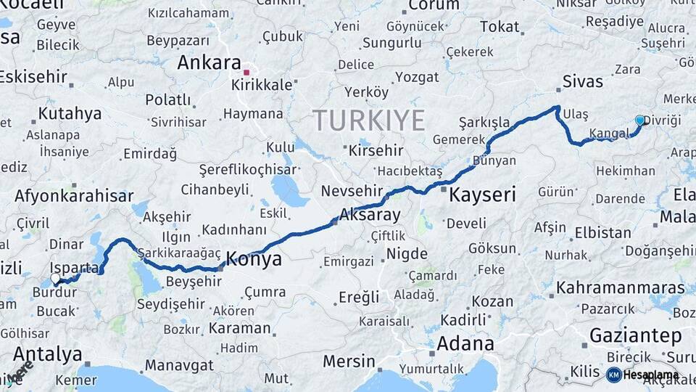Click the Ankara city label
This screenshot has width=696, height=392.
pyautogui.click(x=209, y=62)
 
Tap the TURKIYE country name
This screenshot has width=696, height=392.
pyautogui.click(x=368, y=120)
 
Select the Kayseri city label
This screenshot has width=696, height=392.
pyautogui.click(x=482, y=195)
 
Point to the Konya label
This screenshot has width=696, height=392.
pyautogui.click(x=254, y=259)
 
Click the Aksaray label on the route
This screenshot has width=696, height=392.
pyautogui.click(x=370, y=216)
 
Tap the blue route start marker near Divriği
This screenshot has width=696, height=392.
pyautogui.click(x=639, y=120)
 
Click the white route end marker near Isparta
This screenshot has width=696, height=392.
pyautogui.click(x=56, y=278)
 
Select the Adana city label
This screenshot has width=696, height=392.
pyautogui.click(x=466, y=343)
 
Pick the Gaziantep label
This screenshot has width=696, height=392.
pyautogui.click(x=636, y=336)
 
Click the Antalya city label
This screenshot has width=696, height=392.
pyautogui.click(x=48, y=355)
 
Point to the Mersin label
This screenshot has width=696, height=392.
pyautogui.click(x=349, y=361)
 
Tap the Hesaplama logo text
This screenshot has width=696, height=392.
pyautogui.click(x=650, y=375)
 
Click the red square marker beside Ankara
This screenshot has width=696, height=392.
pyautogui.click(x=246, y=72)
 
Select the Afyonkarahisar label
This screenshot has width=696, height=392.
pyautogui.click(x=74, y=196)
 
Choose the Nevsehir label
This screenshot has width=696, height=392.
pyautogui.click(x=351, y=190)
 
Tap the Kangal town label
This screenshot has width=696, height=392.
pyautogui.click(x=608, y=134)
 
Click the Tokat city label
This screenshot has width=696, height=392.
pyautogui.click(x=500, y=27)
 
